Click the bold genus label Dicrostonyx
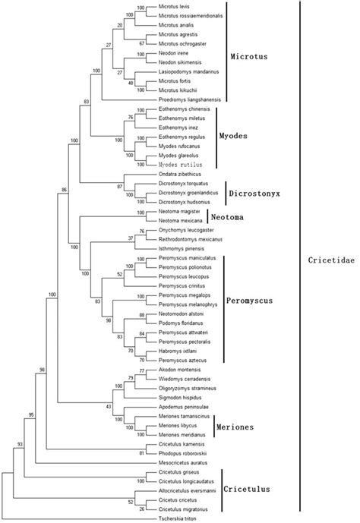pyautogui.click(x=255, y=194)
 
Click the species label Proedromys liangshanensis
pyautogui.click(x=194, y=99)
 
